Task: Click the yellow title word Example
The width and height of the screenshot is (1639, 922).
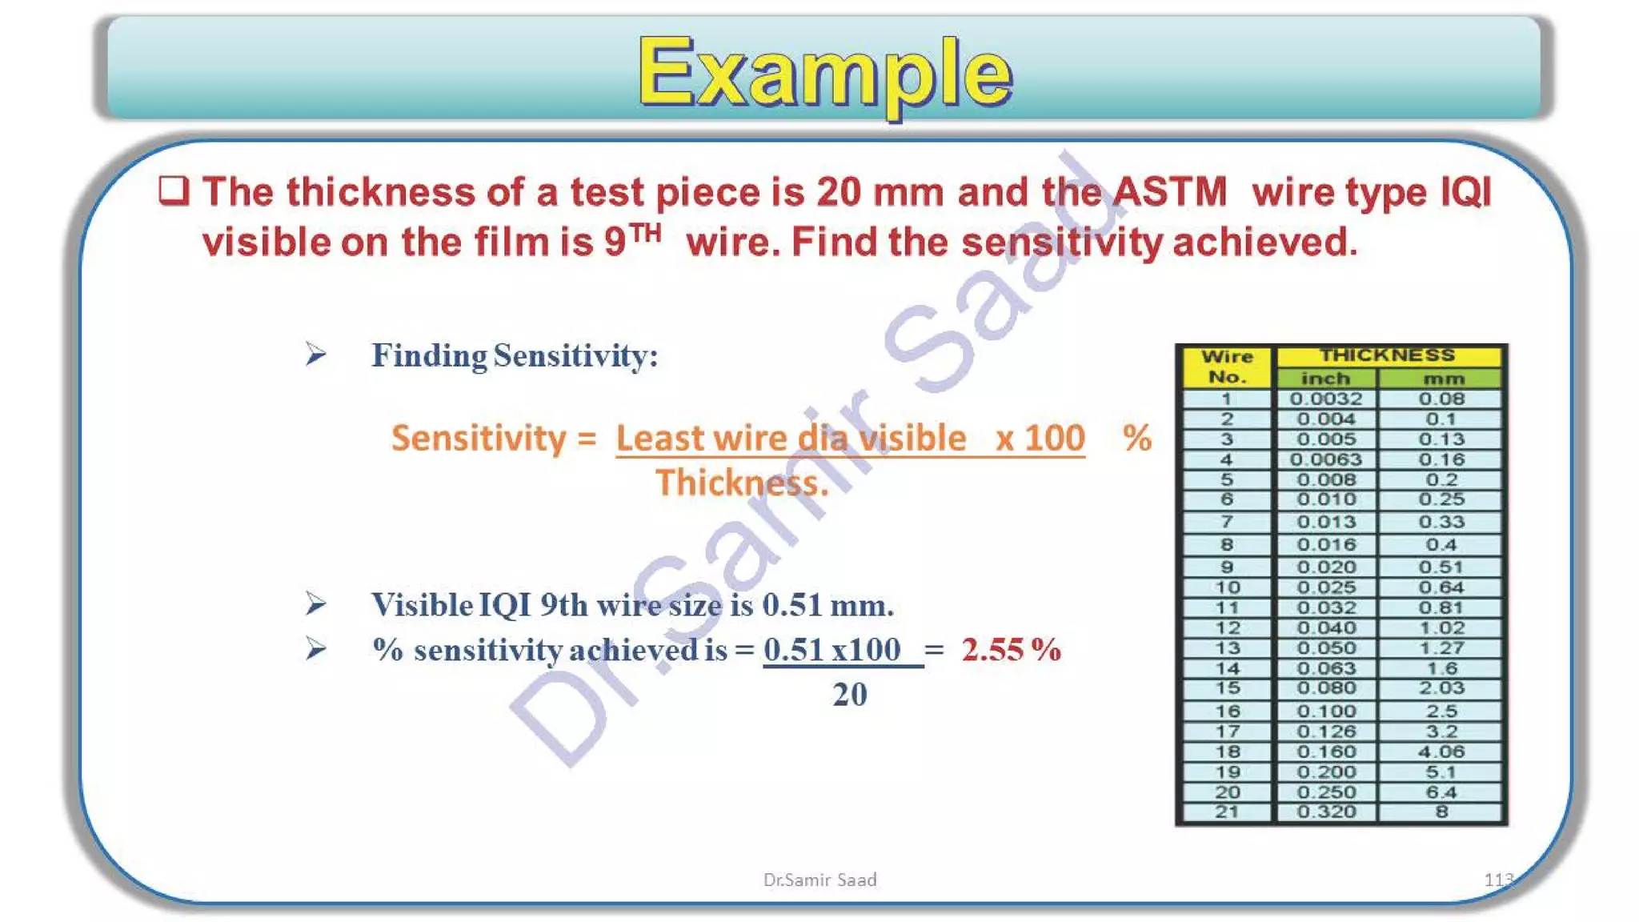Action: pyautogui.click(x=825, y=74)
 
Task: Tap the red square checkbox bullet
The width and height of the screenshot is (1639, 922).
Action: pyautogui.click(x=174, y=191)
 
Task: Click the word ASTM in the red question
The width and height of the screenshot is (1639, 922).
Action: pyautogui.click(x=1169, y=192)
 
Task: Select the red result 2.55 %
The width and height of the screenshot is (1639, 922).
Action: pyautogui.click(x=1011, y=650)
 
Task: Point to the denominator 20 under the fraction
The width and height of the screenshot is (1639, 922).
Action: pyautogui.click(x=849, y=695)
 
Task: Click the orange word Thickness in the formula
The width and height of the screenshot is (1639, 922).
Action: pyautogui.click(x=742, y=483)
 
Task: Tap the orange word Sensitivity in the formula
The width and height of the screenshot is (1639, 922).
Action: pyautogui.click(x=479, y=439)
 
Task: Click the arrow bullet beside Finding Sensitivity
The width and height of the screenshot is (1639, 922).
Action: pyautogui.click(x=316, y=354)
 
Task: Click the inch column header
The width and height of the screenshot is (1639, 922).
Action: pyautogui.click(x=1325, y=378)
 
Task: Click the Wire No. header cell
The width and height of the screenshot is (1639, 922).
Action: pyautogui.click(x=1227, y=367)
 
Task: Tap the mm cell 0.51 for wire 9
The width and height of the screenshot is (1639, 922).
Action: pyautogui.click(x=1441, y=567)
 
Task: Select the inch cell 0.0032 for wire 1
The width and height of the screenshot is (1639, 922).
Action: pyautogui.click(x=1325, y=399)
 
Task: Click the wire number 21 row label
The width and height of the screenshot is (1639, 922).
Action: pyautogui.click(x=1227, y=812)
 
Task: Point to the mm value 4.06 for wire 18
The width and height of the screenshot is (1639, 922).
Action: pyautogui.click(x=1441, y=752)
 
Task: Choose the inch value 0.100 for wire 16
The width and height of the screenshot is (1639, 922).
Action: pyautogui.click(x=1326, y=711)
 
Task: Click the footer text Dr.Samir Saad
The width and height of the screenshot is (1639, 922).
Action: pyautogui.click(x=819, y=880)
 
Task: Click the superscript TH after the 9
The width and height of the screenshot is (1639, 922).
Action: pyautogui.click(x=645, y=233)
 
